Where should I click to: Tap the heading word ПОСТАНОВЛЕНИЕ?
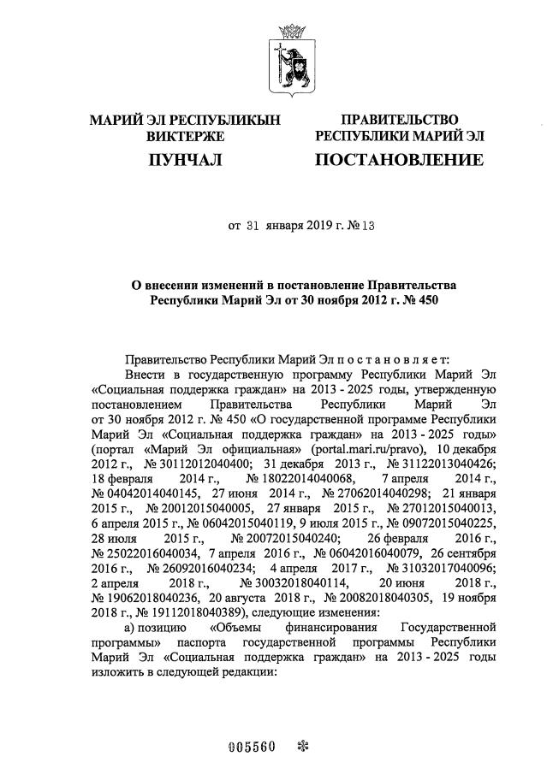tap(398, 160)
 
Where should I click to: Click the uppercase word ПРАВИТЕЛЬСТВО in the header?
tap(399, 120)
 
